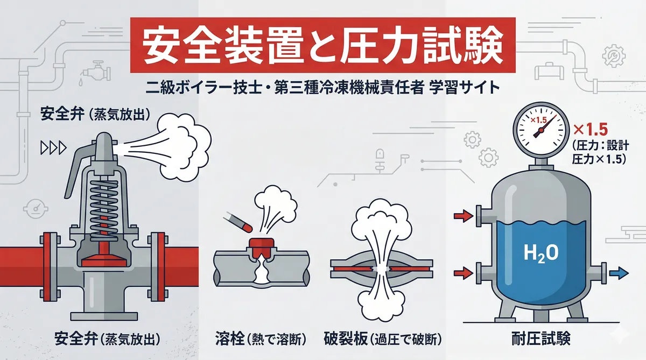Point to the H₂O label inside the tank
click(x=540, y=253)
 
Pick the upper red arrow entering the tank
click(x=464, y=216)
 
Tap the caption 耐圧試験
click(x=541, y=338)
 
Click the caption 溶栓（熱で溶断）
click(x=261, y=339)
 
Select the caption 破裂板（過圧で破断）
click(x=383, y=339)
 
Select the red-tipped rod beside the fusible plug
click(x=238, y=222)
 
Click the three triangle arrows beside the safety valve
click(x=54, y=148)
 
